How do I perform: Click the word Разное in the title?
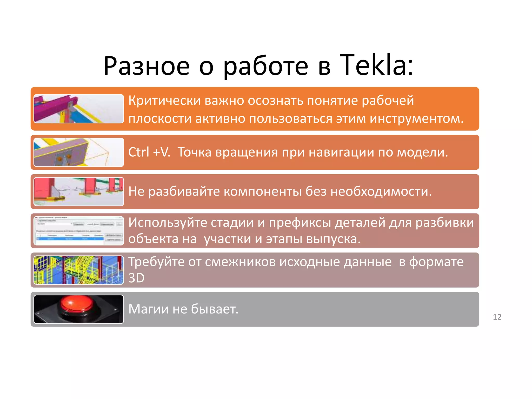(x=147, y=66)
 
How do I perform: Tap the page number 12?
(x=497, y=317)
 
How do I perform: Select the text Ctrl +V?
(x=149, y=152)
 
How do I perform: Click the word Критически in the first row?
(x=164, y=101)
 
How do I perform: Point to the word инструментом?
(x=416, y=119)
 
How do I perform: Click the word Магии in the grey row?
(x=148, y=309)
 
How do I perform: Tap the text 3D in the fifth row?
(x=136, y=278)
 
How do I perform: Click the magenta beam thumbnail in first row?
(x=79, y=109)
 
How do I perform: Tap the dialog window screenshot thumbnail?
(x=79, y=231)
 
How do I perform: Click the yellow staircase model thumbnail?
(x=79, y=270)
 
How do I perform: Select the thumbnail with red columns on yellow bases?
(x=79, y=192)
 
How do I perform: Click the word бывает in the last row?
(x=214, y=309)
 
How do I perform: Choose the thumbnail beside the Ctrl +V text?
(x=79, y=152)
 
